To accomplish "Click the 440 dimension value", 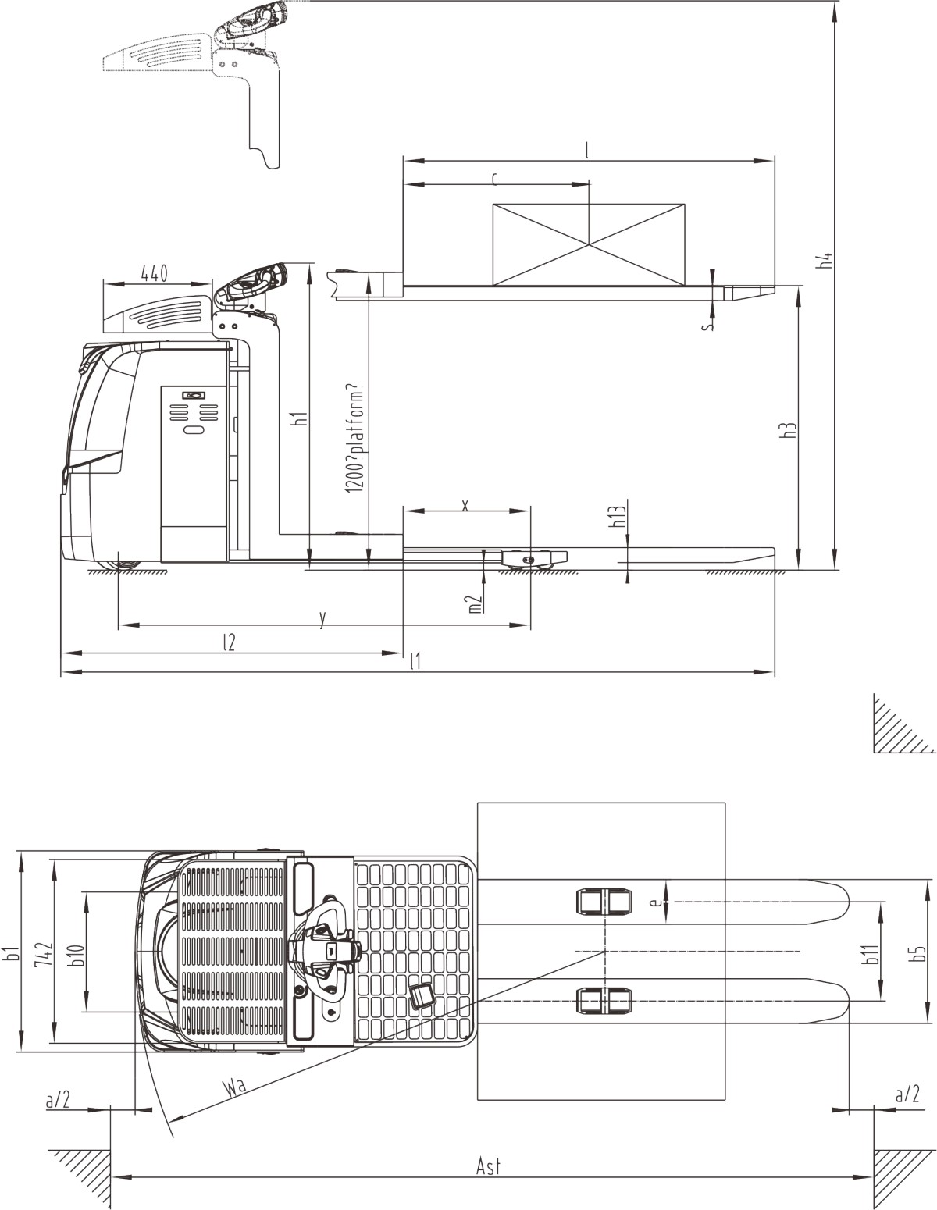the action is (x=154, y=273).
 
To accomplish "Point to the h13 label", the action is (x=618, y=517).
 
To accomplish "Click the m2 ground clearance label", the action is (x=475, y=604).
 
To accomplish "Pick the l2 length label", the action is (x=228, y=642).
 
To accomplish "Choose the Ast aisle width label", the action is (x=488, y=1166).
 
